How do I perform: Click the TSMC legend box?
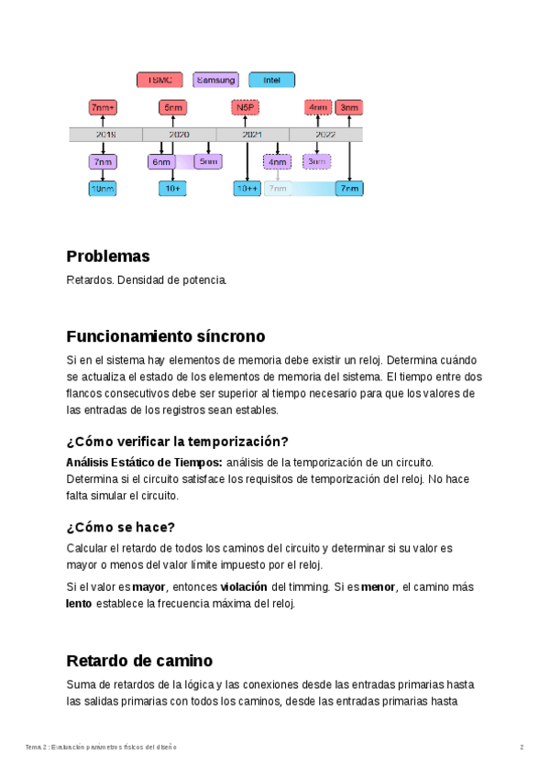[x=159, y=80]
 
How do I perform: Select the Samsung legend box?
[x=215, y=80]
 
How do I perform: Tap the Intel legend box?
[x=271, y=80]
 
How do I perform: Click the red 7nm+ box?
[x=103, y=107]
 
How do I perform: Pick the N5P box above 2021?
[x=245, y=107]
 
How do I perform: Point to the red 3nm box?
[x=349, y=107]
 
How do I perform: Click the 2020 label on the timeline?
[x=179, y=135]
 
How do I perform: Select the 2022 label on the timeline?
[x=325, y=135]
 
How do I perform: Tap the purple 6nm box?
[x=161, y=162]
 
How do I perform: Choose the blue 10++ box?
[x=247, y=189]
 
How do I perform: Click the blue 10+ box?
[x=172, y=189]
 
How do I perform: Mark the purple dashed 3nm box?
[x=317, y=162]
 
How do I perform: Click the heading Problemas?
[x=107, y=257]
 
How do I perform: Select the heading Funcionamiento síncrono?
[x=165, y=336]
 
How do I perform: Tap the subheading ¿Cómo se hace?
[x=120, y=527]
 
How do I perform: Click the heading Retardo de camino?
[x=139, y=661]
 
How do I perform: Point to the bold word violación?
[x=244, y=586]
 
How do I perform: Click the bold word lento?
[x=79, y=604]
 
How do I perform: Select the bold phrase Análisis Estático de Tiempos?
[x=144, y=462]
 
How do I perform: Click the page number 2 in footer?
[x=522, y=747]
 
